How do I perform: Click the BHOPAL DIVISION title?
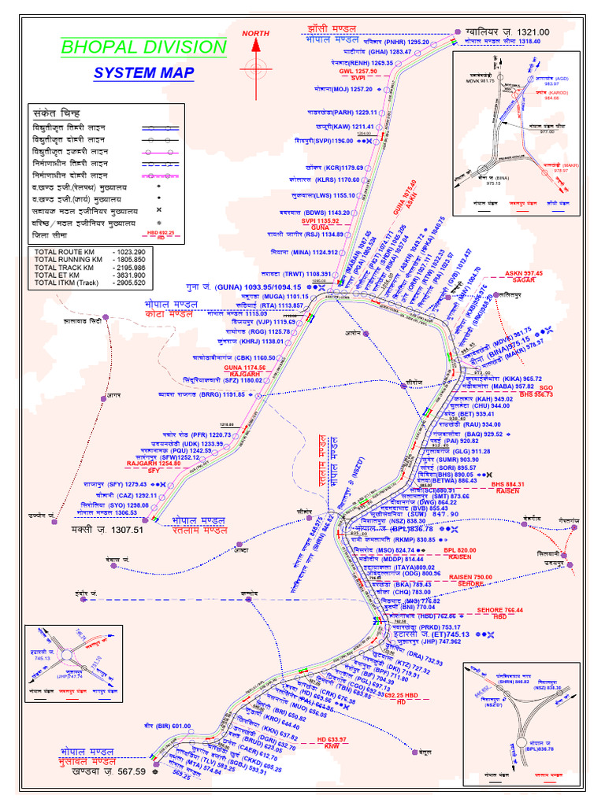point(144,46)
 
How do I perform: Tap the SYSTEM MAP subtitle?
point(143,74)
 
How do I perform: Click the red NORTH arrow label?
point(255,33)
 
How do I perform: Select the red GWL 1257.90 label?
point(358,72)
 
